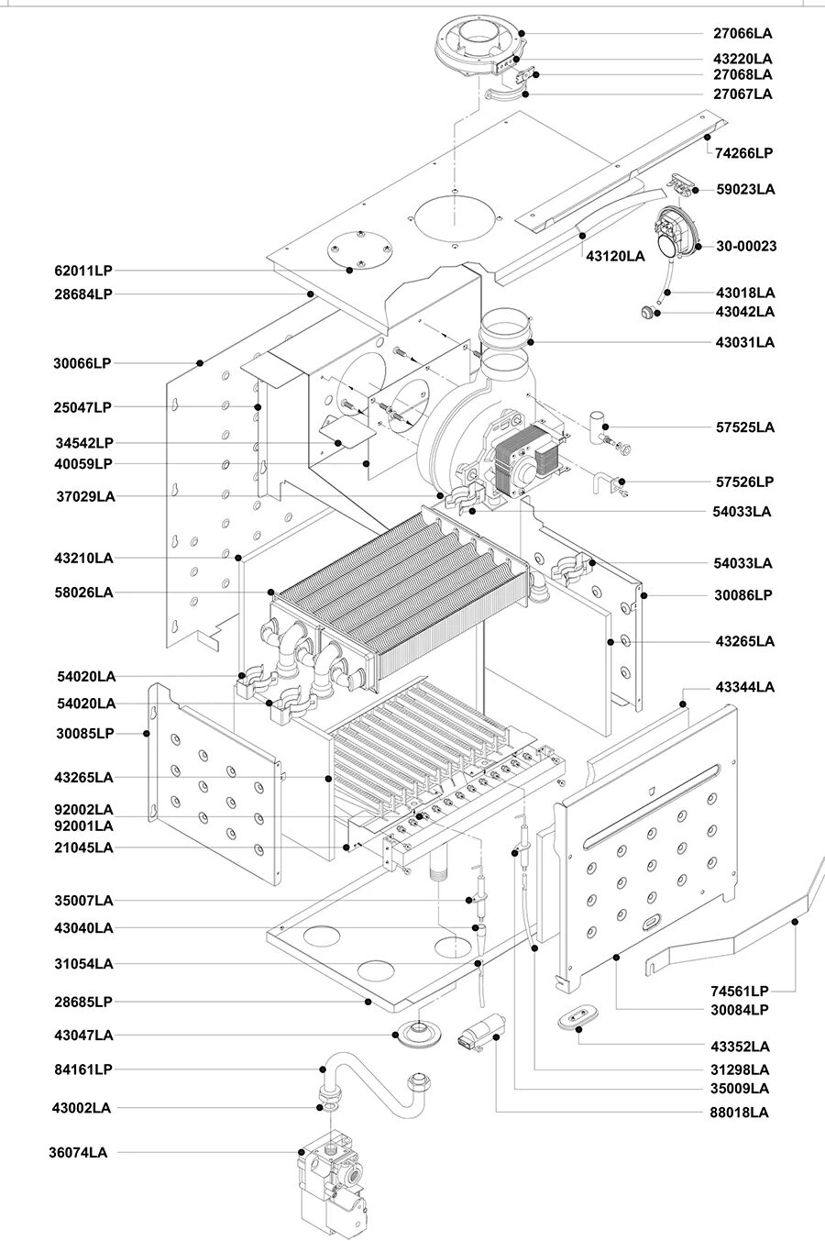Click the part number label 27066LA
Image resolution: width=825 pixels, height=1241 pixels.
742,33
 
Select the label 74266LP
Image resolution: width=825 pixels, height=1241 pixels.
743,153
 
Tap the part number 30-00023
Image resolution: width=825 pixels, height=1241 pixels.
746,246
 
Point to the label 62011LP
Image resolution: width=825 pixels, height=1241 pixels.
83,271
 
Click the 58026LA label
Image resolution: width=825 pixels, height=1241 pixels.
83,593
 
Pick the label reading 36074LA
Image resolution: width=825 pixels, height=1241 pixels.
78,1153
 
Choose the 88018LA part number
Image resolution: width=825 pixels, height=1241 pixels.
739,1113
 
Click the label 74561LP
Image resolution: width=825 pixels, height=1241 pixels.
739,991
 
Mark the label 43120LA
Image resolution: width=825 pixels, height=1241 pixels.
615,257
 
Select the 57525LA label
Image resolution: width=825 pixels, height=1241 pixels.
745,427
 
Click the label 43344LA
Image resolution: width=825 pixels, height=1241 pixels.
744,687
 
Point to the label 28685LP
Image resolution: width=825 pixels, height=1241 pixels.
83,1002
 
